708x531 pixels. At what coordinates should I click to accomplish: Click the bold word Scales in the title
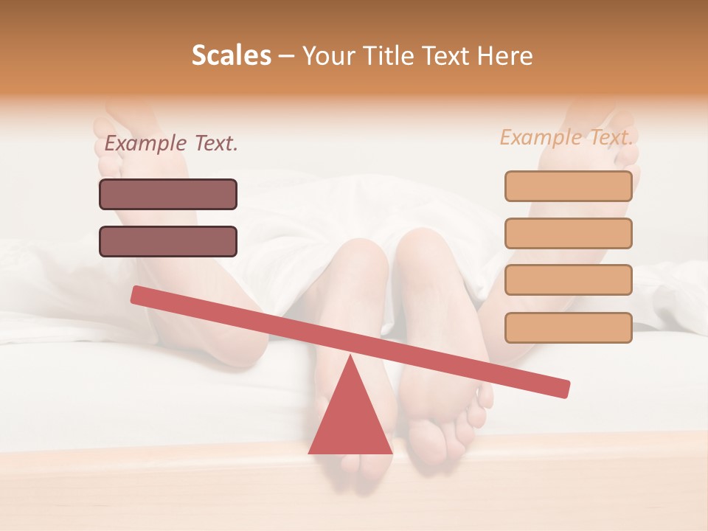(231, 56)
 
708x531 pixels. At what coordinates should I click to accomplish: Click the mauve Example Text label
(171, 144)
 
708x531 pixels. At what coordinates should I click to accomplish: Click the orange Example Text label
(566, 137)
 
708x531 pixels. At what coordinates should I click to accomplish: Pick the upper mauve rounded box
(168, 194)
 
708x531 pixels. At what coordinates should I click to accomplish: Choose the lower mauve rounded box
(168, 241)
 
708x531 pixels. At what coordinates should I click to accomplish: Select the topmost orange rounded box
(569, 186)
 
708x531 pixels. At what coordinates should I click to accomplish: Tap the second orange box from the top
(569, 233)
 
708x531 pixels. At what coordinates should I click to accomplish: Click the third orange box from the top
(569, 280)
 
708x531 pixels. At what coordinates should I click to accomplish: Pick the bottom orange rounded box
(569, 327)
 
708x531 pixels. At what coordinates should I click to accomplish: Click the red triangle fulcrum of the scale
(350, 417)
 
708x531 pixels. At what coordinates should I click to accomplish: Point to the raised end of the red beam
(137, 294)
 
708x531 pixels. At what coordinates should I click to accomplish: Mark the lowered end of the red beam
(563, 389)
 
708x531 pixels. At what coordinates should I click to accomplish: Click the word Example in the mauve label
(146, 144)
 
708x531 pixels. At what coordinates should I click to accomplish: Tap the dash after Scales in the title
(286, 57)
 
